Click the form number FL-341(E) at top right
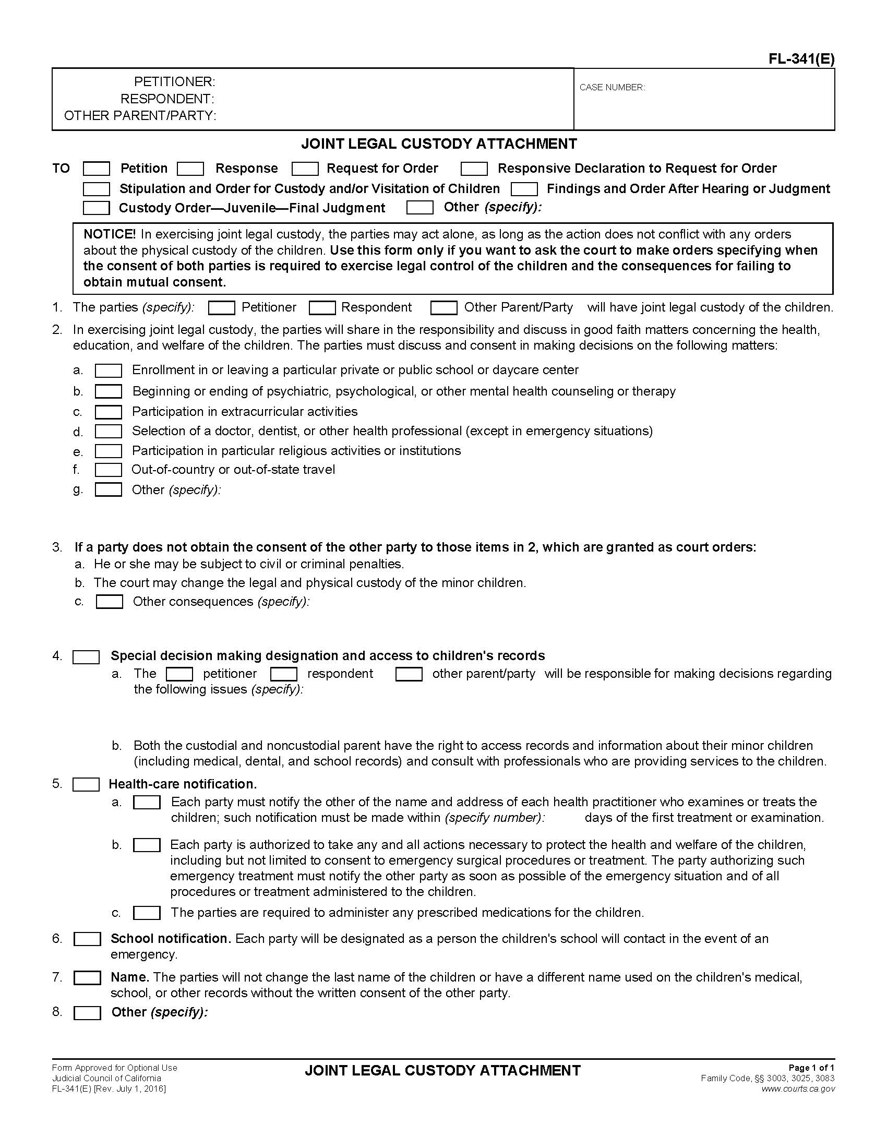point(801,59)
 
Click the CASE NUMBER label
point(612,88)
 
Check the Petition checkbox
point(97,169)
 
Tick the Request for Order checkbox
point(305,169)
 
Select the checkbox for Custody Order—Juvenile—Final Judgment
point(97,208)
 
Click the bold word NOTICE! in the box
point(109,234)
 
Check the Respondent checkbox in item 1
point(322,308)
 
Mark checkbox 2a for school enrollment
point(108,370)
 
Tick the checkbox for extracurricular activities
point(108,412)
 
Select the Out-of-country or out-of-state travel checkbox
point(108,470)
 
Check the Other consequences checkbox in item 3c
point(109,602)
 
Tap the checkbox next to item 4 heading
point(86,656)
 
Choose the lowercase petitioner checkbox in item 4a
point(179,674)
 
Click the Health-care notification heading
point(182,784)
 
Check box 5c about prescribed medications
point(147,913)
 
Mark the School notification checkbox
point(87,939)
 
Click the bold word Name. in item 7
point(130,978)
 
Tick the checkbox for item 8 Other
point(87,1013)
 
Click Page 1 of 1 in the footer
point(811,1068)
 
